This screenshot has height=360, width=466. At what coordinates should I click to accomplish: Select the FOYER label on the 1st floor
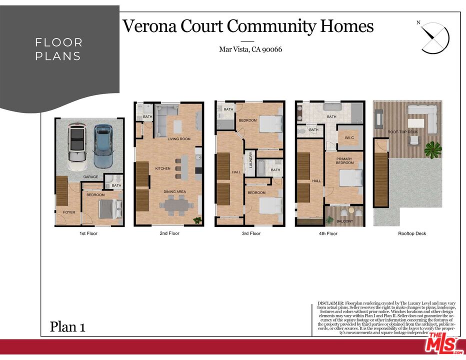(x=69, y=212)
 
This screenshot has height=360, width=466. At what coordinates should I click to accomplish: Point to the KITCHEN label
(x=163, y=168)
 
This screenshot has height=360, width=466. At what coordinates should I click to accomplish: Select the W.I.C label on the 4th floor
(x=349, y=137)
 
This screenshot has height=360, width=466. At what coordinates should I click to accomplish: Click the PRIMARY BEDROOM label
(x=344, y=160)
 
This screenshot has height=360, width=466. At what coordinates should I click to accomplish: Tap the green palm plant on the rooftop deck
(x=433, y=149)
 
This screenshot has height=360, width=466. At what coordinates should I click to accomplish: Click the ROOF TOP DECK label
(x=402, y=132)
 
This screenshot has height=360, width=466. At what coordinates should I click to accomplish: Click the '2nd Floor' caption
(x=169, y=233)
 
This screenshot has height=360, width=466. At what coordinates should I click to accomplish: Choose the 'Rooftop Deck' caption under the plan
(x=412, y=233)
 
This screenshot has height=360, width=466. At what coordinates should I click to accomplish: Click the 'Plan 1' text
(x=67, y=327)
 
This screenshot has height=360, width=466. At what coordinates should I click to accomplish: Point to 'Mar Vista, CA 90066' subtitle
(x=247, y=49)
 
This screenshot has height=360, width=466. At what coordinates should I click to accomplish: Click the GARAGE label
(x=90, y=177)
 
